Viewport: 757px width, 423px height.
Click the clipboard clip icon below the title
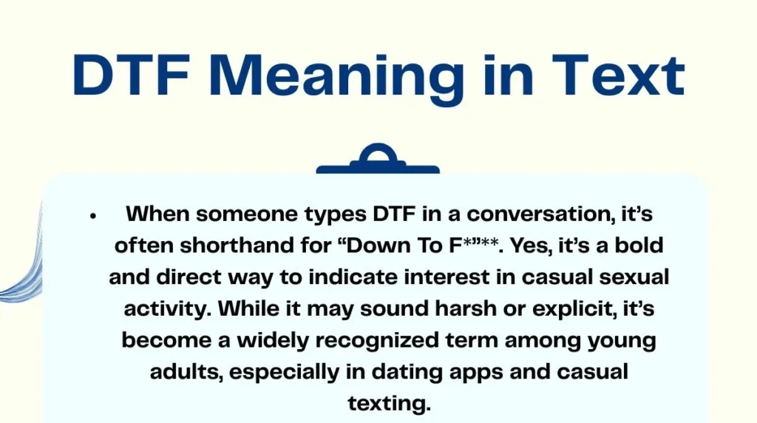click(x=378, y=160)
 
